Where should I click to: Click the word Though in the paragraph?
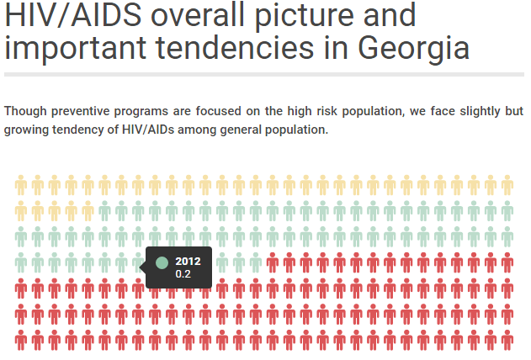[24, 112]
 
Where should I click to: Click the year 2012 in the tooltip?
[188, 261]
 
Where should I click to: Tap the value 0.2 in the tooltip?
[183, 273]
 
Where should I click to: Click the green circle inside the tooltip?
[162, 262]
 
